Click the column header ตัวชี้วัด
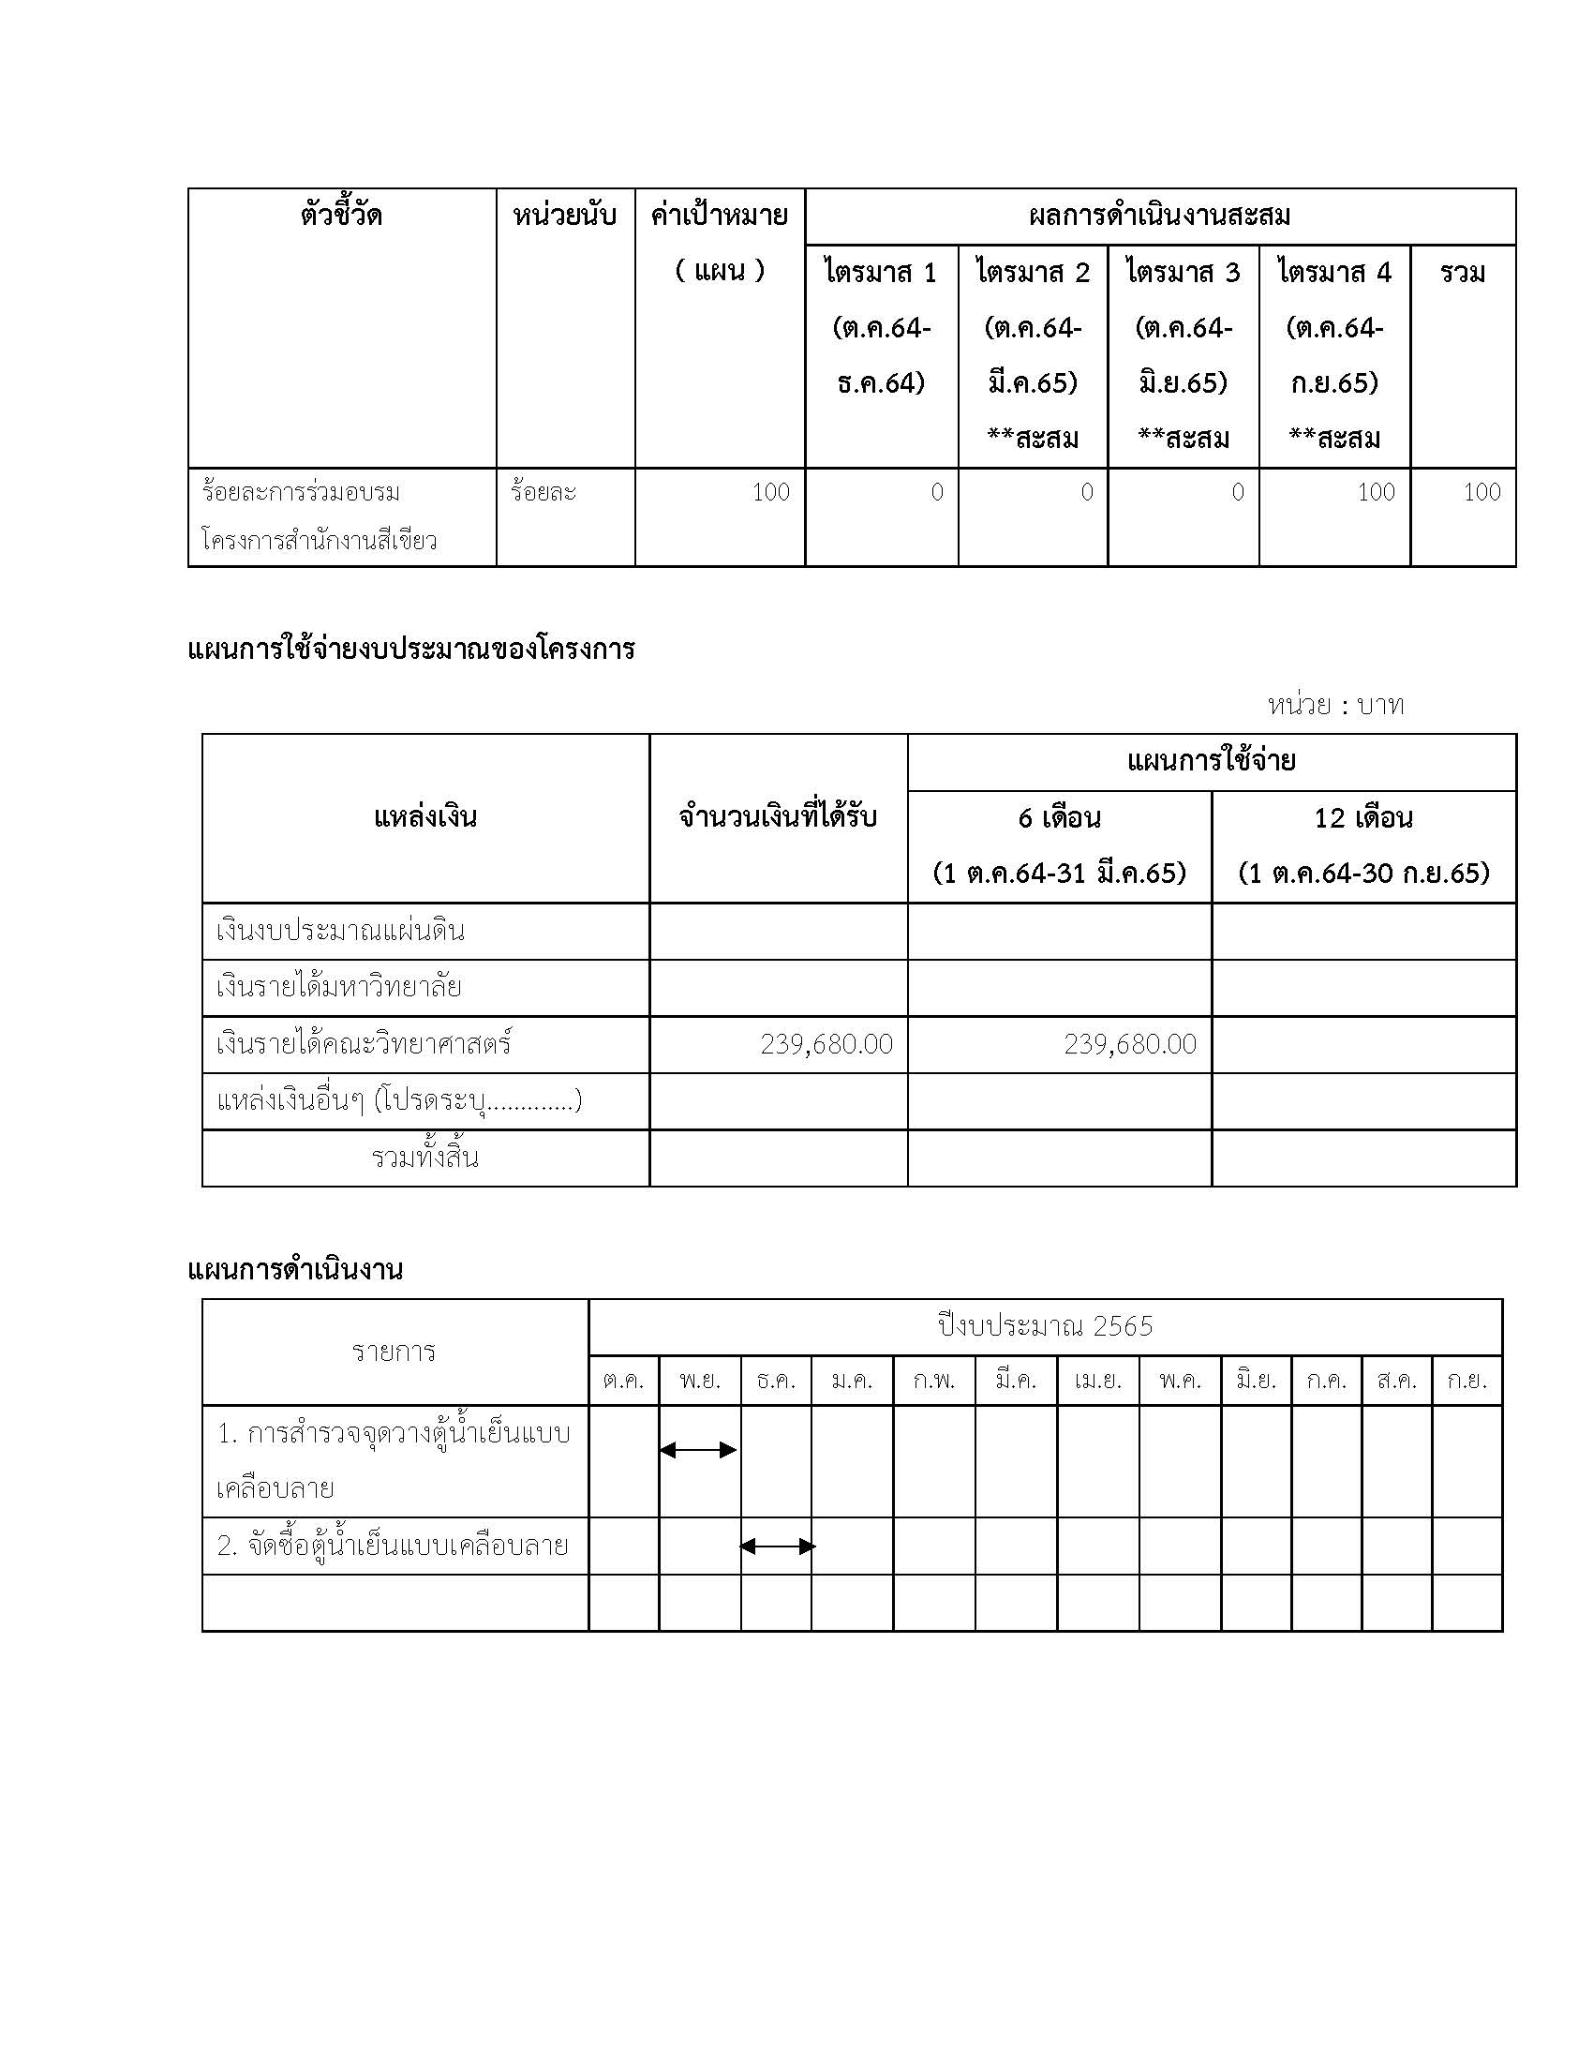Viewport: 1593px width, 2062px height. coord(341,217)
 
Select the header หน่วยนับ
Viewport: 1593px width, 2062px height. coord(564,217)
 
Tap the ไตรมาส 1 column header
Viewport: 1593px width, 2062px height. coord(881,273)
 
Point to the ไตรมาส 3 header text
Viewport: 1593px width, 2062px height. coord(1183,273)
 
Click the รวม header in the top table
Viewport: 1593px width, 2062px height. coord(1462,273)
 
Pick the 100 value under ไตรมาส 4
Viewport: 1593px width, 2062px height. coord(1375,492)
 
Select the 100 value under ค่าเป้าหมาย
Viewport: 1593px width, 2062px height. coord(770,492)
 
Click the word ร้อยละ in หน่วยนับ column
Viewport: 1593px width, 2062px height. coord(543,492)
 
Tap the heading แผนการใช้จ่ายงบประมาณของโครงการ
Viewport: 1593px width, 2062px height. coord(411,650)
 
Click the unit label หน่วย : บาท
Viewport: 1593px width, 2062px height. coord(1335,705)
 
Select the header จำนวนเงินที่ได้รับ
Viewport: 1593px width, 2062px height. coord(778,816)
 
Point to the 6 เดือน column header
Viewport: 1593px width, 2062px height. coord(1059,817)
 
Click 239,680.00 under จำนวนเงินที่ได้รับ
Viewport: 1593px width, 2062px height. coord(826,1044)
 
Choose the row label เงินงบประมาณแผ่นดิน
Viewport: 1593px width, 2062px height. coord(340,932)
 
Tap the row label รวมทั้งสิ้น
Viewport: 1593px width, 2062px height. coord(424,1158)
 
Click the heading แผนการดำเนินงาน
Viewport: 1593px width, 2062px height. coord(295,1270)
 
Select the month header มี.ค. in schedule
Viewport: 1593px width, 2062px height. coord(1016,1381)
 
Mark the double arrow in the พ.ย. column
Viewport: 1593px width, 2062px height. coord(697,1450)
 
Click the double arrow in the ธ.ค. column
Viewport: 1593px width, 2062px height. coord(777,1546)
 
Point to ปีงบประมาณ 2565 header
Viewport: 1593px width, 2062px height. coord(1045,1326)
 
